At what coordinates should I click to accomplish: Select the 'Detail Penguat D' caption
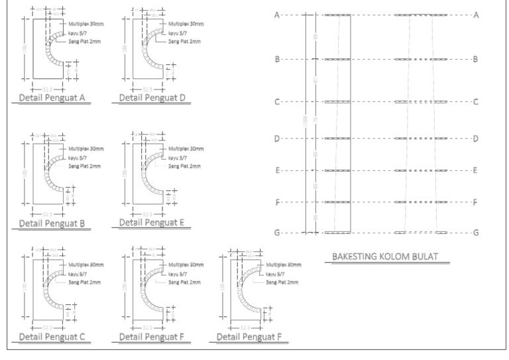[152, 98]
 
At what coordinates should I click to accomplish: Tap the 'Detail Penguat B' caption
[51, 223]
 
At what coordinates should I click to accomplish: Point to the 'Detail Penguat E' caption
[152, 222]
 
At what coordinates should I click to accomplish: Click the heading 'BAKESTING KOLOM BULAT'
[384, 257]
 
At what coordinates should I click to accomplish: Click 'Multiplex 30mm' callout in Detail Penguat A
[85, 23]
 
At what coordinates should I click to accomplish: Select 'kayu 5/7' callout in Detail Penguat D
[178, 32]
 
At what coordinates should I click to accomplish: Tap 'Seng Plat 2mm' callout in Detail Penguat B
[85, 166]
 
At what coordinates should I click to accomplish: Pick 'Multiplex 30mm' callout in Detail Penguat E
[186, 149]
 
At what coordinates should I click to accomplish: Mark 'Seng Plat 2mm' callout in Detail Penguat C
[85, 282]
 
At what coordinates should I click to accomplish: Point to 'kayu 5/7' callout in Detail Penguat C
[78, 273]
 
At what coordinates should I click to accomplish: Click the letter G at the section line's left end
[277, 233]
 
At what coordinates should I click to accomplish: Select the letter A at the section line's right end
[476, 15]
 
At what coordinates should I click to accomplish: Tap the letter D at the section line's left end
[277, 139]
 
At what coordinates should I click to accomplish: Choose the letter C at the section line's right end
[476, 102]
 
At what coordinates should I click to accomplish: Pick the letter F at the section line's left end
[277, 202]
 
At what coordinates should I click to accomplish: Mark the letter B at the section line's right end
[476, 60]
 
